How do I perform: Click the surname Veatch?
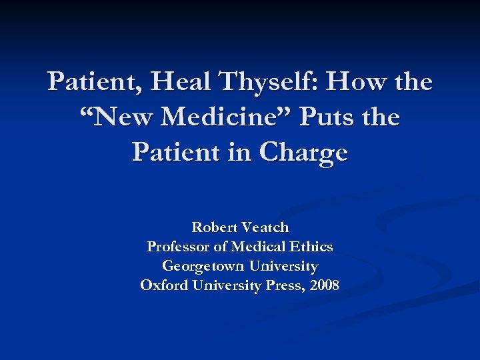point(265,227)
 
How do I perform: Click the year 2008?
point(325,286)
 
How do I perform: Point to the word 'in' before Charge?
point(243,153)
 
